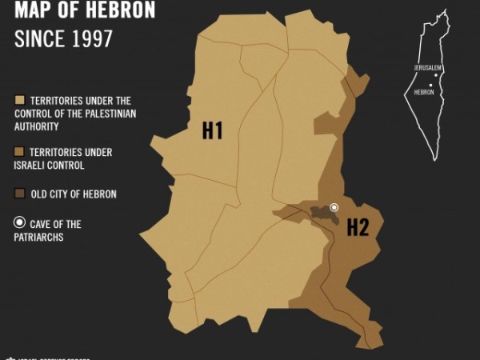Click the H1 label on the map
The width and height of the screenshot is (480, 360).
coord(211,130)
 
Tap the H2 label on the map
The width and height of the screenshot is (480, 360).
coord(357,228)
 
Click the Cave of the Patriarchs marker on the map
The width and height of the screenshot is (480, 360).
coord(334,208)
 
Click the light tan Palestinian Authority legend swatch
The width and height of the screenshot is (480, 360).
coord(19,102)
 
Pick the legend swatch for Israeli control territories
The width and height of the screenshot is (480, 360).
coord(19,152)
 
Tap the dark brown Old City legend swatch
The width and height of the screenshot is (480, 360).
coord(19,194)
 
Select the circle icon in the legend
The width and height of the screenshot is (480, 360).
coord(20,224)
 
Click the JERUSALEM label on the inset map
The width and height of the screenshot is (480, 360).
coord(428,68)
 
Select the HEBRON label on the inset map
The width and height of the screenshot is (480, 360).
coord(424,92)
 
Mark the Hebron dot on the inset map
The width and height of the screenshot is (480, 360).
coord(430,85)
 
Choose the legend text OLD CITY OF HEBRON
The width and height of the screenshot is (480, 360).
coord(73,194)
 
